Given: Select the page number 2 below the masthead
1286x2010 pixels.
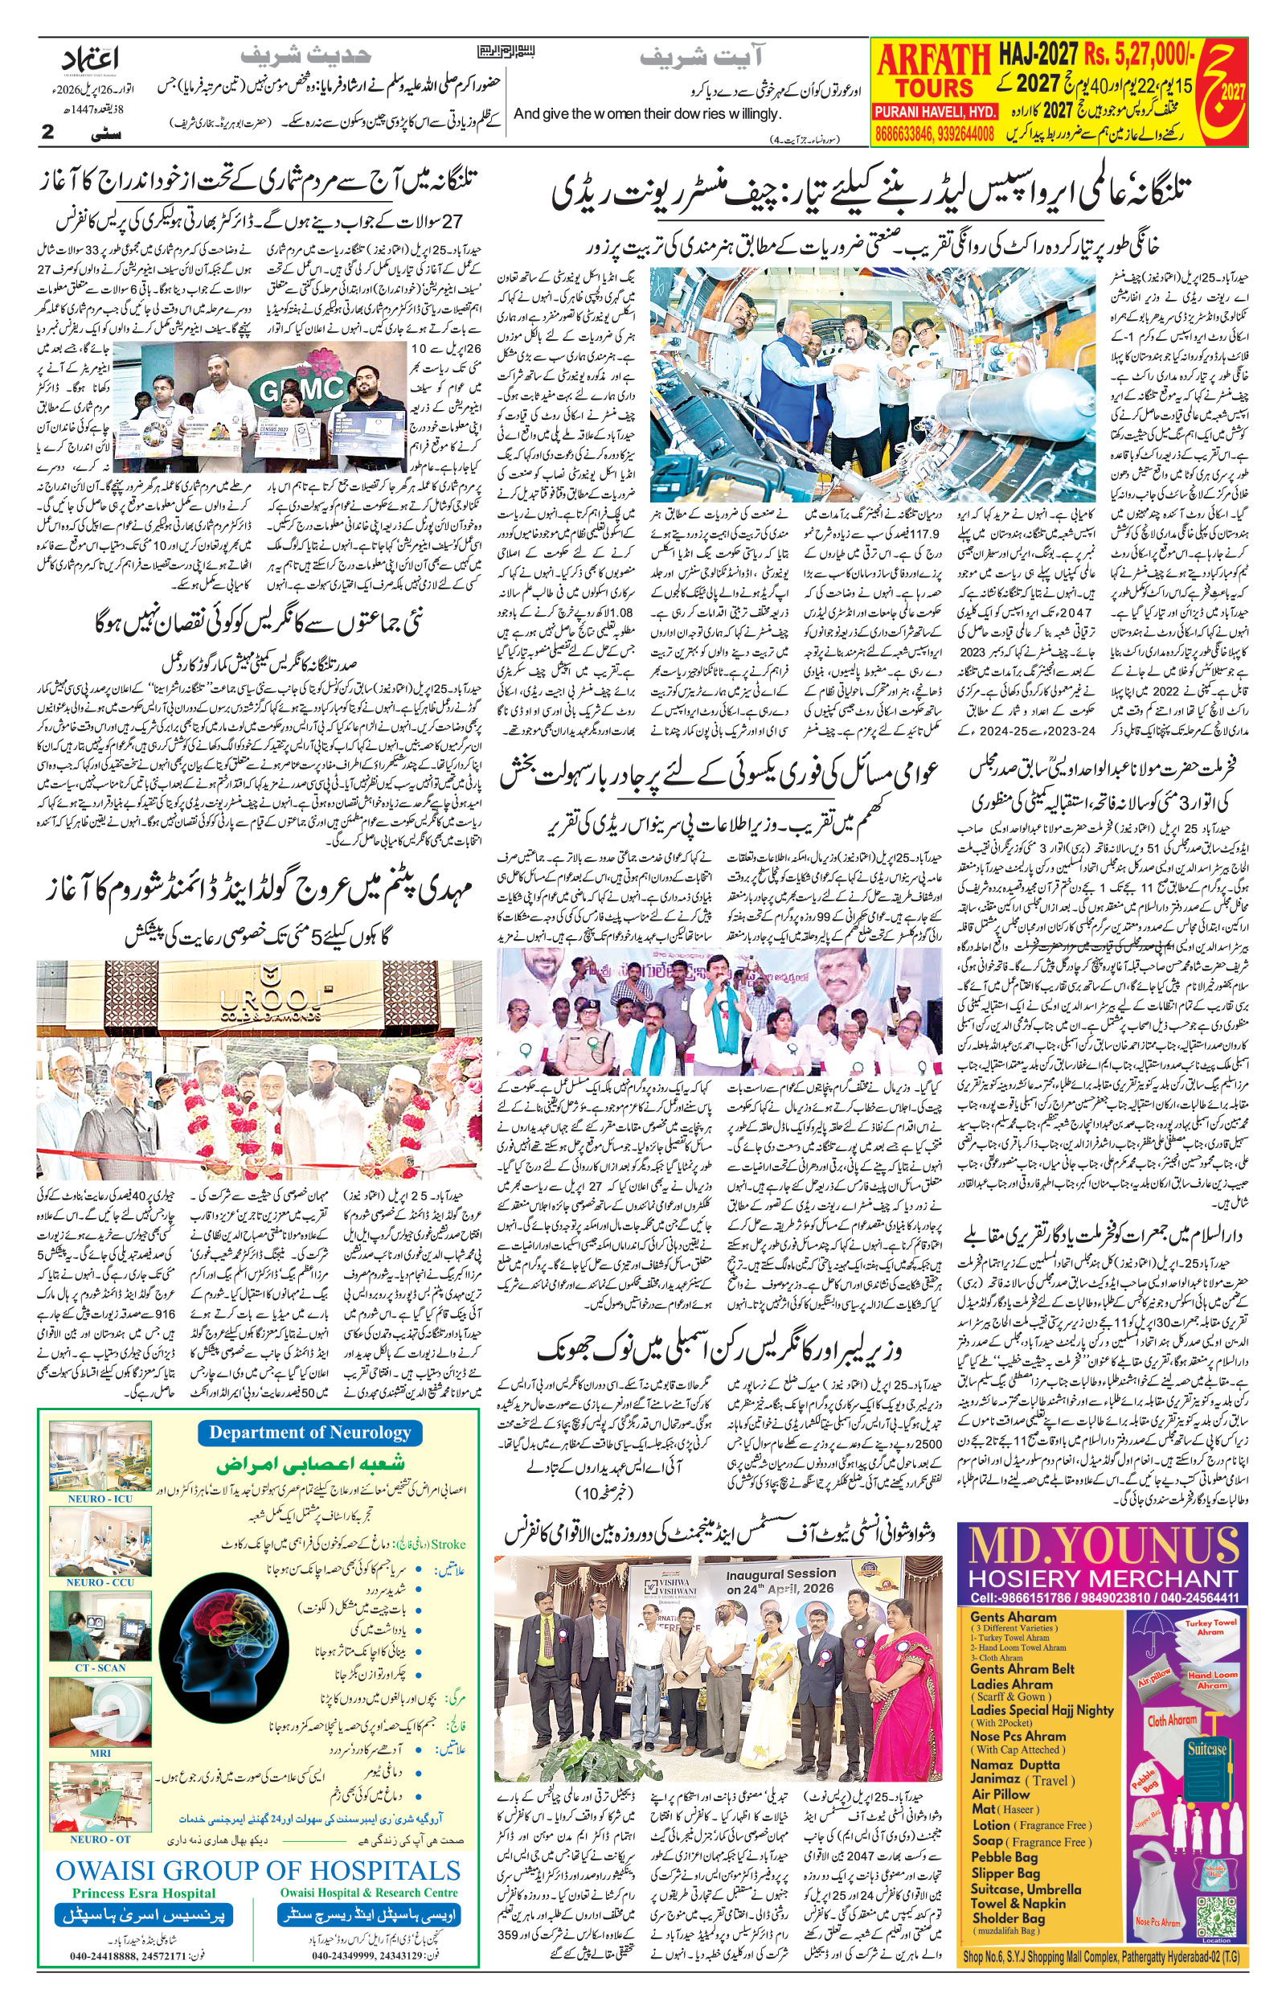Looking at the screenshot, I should tap(47, 132).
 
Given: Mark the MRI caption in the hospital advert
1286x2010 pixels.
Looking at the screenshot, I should tap(100, 1752).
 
